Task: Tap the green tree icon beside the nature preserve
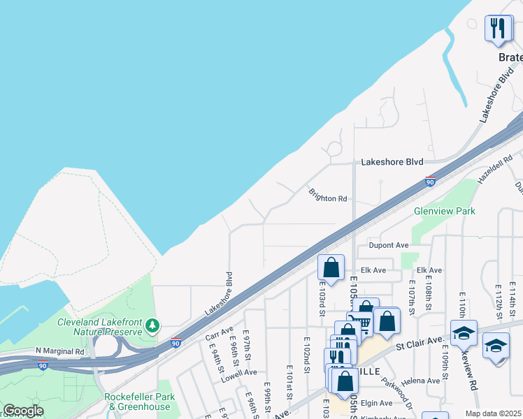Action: [x=150, y=325]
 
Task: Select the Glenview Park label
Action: [x=444, y=210]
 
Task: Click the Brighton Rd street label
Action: [x=328, y=198]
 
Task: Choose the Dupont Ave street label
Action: [x=388, y=245]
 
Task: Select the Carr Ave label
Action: [x=219, y=333]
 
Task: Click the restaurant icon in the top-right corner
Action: [x=498, y=28]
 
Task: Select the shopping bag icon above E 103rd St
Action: [x=331, y=267]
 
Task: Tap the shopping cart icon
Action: [x=359, y=323]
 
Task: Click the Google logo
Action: [x=23, y=411]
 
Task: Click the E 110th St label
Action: [x=462, y=303]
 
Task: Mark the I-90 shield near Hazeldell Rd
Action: [x=430, y=182]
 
